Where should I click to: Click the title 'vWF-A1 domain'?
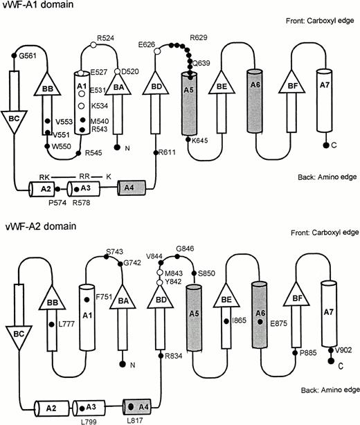click(35, 6)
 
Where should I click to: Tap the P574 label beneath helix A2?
click(61, 201)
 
